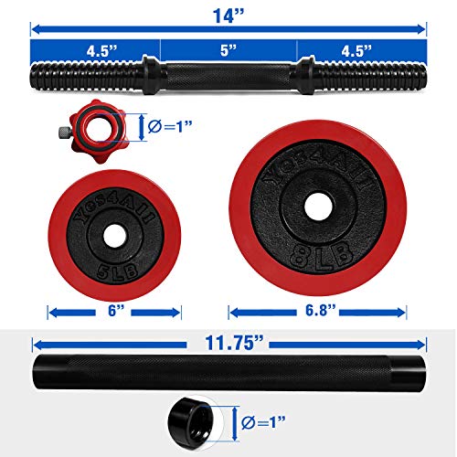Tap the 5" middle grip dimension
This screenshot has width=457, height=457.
click(x=228, y=49)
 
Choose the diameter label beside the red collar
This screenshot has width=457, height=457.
click(x=169, y=127)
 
